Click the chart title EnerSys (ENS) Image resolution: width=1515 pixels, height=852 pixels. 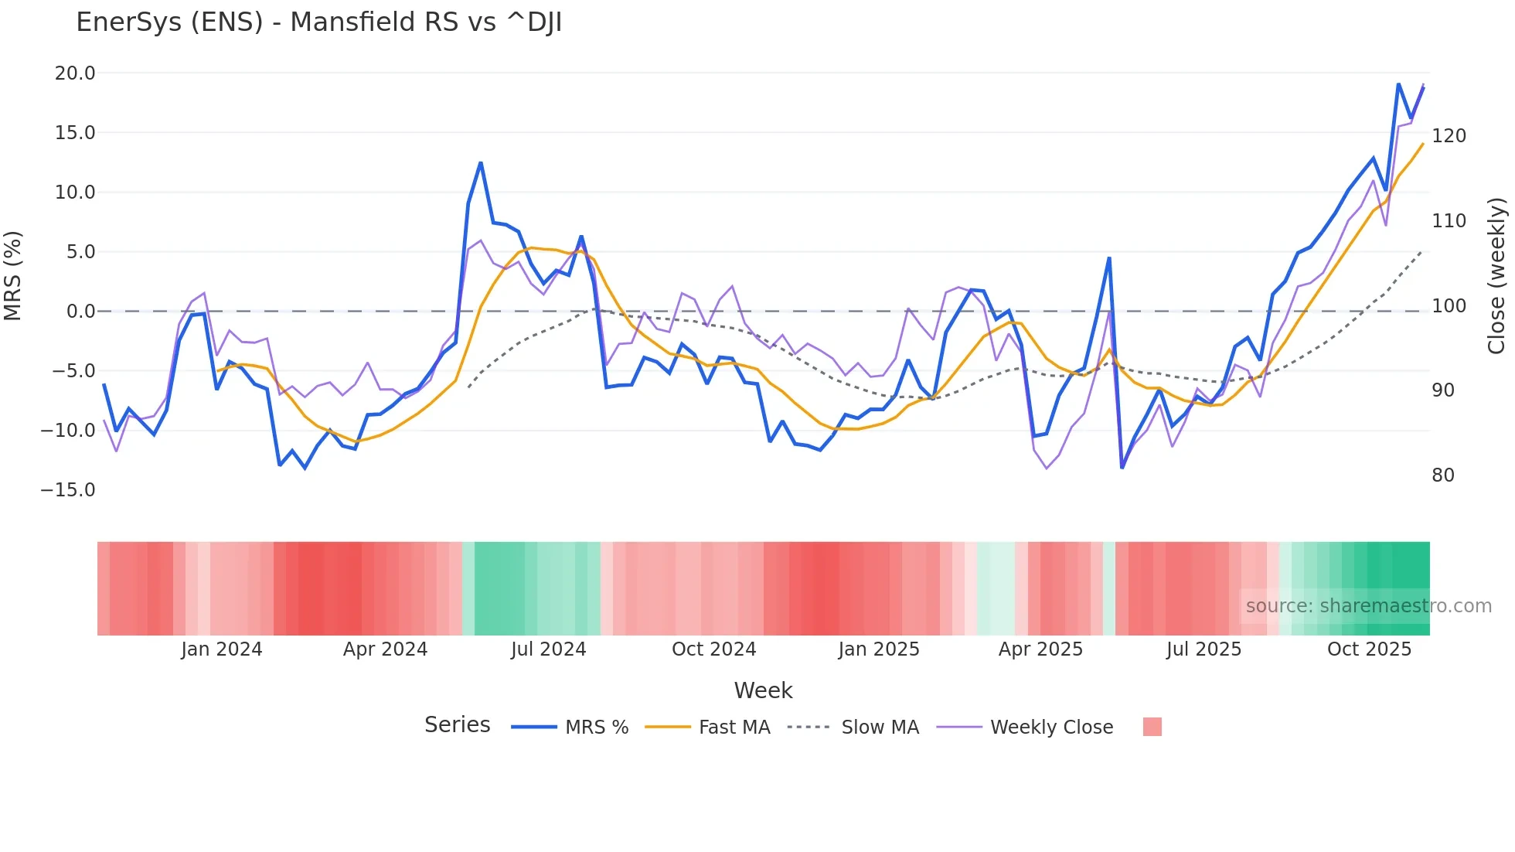318,22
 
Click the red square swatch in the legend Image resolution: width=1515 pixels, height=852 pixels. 1152,727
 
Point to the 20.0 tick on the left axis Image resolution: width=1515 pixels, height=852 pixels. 75,73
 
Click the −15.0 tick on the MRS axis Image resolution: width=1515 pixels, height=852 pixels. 68,490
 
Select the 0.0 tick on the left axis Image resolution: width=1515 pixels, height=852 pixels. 80,312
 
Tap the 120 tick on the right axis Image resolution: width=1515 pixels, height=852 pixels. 1449,136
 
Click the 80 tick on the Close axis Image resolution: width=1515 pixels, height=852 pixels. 1443,475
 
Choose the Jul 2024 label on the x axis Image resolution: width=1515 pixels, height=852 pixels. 548,649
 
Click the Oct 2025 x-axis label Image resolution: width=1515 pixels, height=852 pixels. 1369,649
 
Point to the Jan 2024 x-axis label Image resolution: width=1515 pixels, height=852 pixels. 222,649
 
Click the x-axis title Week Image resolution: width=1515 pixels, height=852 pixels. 763,690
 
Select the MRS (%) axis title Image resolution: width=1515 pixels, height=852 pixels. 13,275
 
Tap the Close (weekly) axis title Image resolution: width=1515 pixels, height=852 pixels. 1496,276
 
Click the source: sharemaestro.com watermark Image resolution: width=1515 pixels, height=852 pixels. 1368,606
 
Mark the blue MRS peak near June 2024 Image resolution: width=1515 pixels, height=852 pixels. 481,163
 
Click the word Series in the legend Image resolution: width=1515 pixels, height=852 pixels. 457,725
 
